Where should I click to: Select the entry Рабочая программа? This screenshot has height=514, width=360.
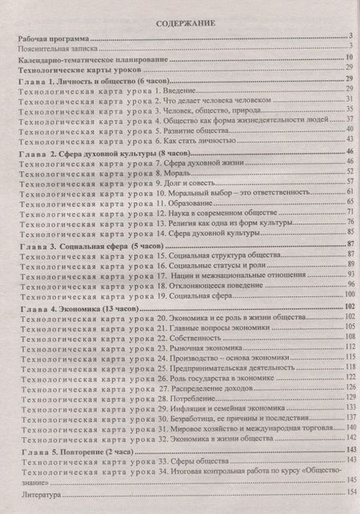53,38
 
